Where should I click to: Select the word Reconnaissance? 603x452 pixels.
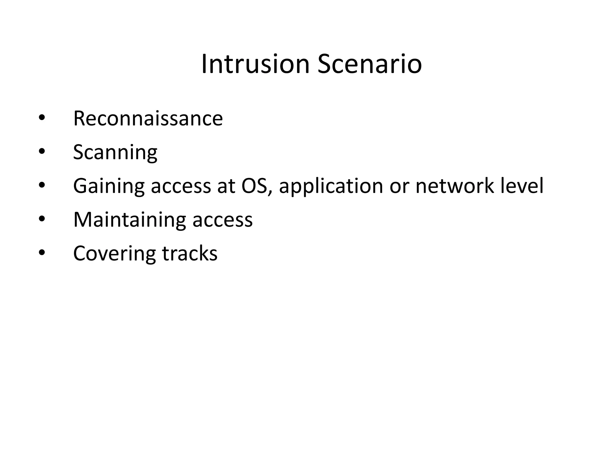click(x=148, y=118)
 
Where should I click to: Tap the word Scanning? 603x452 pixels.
click(x=115, y=152)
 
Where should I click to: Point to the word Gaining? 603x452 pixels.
click(x=109, y=186)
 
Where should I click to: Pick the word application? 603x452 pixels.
click(x=331, y=186)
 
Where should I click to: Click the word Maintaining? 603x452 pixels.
click(x=130, y=220)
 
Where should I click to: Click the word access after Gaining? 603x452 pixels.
click(x=181, y=187)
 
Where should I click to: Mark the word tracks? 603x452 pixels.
click(x=190, y=253)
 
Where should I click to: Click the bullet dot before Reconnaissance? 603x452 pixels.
click(x=42, y=118)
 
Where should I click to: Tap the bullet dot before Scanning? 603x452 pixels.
click(x=42, y=152)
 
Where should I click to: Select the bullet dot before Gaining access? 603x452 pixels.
click(x=42, y=185)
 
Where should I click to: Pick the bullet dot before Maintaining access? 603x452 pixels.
click(x=42, y=219)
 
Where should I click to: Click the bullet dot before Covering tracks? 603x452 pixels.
click(x=42, y=253)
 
